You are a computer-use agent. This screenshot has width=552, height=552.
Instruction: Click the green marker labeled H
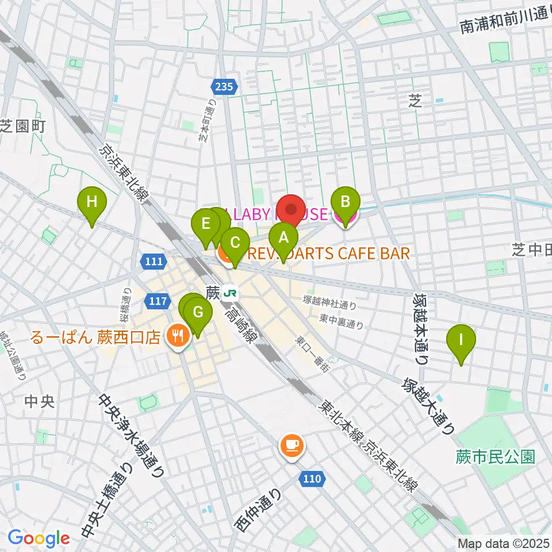[x=92, y=202]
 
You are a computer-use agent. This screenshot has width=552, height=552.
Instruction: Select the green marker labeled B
[x=346, y=202]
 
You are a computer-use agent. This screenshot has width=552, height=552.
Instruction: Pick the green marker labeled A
[x=282, y=236]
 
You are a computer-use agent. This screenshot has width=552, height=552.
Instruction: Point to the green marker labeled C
[x=234, y=242]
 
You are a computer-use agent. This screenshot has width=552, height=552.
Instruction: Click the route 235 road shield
[x=224, y=86]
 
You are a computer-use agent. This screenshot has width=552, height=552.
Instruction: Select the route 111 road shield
[x=153, y=262]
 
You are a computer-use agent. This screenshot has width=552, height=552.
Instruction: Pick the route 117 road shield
[x=159, y=301]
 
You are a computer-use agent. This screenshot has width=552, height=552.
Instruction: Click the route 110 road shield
[x=313, y=478]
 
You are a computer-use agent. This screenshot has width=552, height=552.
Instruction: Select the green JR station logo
[x=231, y=293]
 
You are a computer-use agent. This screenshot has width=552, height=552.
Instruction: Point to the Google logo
[x=39, y=538]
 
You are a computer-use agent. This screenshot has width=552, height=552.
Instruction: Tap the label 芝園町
[x=22, y=125]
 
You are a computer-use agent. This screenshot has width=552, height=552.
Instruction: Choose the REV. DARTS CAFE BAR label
[x=328, y=254]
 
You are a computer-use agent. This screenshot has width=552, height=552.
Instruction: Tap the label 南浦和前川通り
[x=506, y=25]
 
